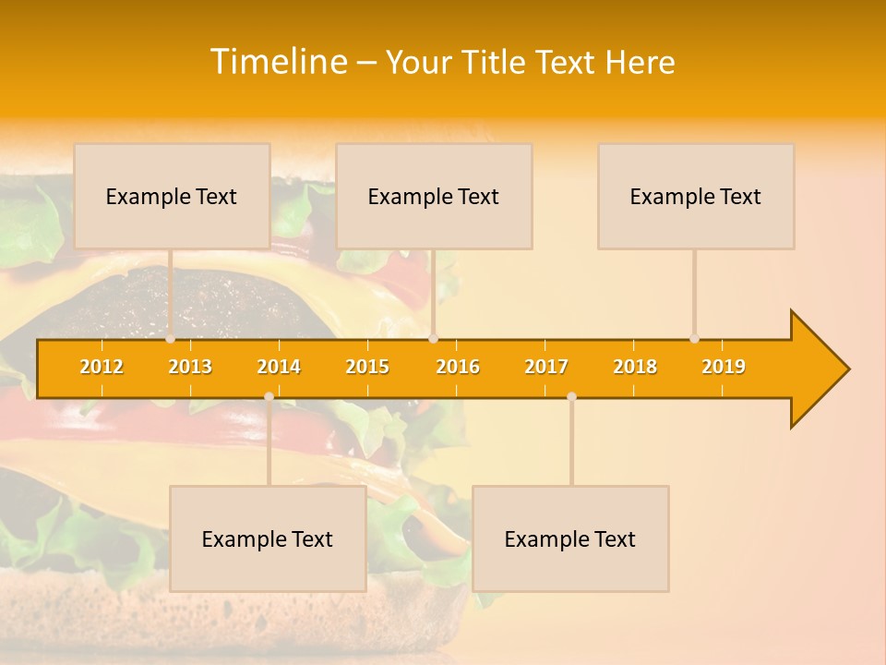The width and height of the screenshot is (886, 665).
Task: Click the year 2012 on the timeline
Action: point(102,367)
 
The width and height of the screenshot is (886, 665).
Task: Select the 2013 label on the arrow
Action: point(190,367)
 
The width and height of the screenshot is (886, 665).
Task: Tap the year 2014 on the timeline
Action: point(279,367)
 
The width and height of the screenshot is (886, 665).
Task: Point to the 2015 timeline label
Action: point(367,367)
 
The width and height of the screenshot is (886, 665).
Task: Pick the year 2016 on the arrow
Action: point(458,367)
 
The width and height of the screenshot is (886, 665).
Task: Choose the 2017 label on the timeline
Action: point(546,367)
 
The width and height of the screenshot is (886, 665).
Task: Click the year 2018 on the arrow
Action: point(635,367)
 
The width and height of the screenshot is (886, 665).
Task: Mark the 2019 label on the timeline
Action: point(724,367)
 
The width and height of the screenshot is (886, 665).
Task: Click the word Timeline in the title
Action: point(278,62)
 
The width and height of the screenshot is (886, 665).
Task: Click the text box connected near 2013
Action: point(172,196)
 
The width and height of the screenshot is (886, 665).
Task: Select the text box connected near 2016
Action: point(434,196)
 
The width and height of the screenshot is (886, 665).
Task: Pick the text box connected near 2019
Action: point(696,196)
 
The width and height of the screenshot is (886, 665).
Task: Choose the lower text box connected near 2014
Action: point(268,538)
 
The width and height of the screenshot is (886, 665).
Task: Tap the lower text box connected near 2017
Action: point(570,538)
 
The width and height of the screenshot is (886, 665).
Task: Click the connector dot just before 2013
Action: point(171,339)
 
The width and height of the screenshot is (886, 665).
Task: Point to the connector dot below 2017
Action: point(571,396)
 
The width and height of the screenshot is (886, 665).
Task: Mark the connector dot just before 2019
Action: point(695,339)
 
